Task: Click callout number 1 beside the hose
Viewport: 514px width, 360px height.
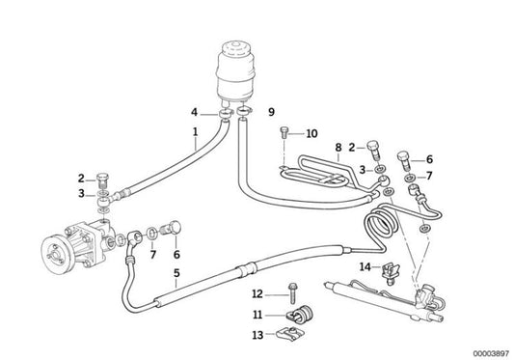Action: (x=195, y=130)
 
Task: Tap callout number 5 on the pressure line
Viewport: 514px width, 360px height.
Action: (x=176, y=273)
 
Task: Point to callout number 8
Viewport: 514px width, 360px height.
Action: (x=338, y=147)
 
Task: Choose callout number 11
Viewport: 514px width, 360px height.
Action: (x=257, y=314)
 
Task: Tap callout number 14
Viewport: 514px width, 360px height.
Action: (x=365, y=265)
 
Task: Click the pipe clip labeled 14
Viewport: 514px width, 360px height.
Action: (x=390, y=271)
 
